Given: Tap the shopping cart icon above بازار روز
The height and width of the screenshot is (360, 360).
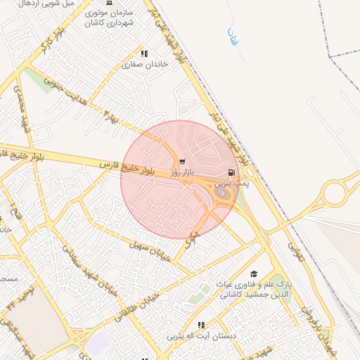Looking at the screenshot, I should pyautogui.click(x=183, y=162).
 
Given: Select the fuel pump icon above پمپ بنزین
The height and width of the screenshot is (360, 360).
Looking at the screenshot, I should pyautogui.click(x=230, y=172).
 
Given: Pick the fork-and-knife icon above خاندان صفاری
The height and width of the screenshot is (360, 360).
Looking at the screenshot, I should pyautogui.click(x=144, y=53).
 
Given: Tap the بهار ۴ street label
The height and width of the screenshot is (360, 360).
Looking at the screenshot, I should pyautogui.click(x=112, y=116).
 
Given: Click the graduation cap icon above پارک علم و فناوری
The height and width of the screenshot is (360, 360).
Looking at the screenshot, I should pyautogui.click(x=254, y=274).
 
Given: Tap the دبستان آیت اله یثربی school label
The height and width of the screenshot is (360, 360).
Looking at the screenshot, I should pyautogui.click(x=201, y=336).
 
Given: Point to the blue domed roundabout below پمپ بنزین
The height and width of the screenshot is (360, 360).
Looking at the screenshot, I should pyautogui.click(x=221, y=193).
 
